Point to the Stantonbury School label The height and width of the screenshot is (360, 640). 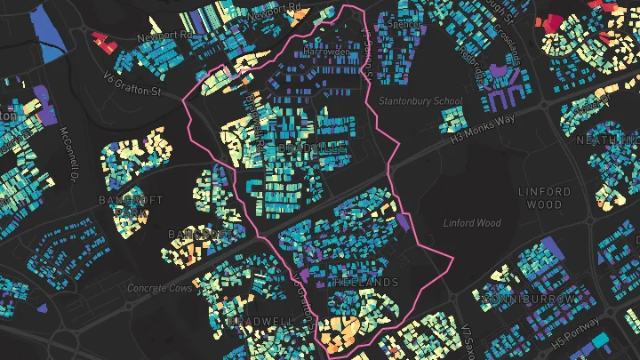point(421,101)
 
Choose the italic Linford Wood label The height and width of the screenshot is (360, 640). point(472,223)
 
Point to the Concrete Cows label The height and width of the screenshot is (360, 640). point(159,288)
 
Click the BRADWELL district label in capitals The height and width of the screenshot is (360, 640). point(260,320)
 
